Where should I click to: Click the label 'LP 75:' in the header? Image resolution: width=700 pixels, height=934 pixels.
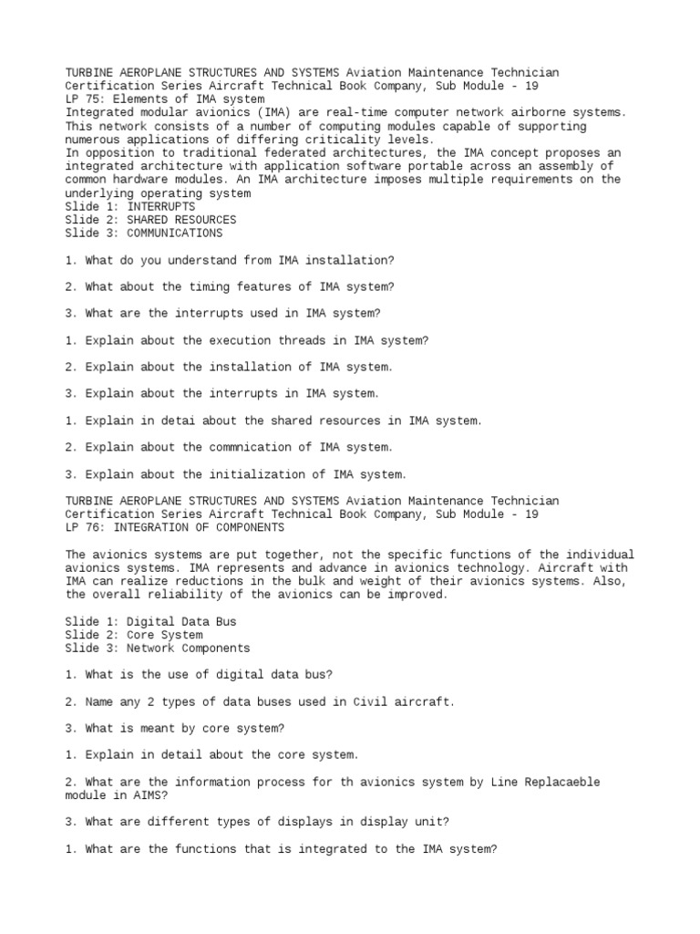(x=85, y=99)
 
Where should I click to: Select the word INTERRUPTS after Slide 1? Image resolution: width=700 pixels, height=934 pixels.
(x=161, y=206)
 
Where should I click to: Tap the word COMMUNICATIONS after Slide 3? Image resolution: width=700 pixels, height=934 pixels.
(x=174, y=233)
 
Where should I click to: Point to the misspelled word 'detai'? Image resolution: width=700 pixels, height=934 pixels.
(x=211, y=420)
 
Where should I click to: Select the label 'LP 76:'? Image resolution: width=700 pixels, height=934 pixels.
(x=85, y=527)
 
